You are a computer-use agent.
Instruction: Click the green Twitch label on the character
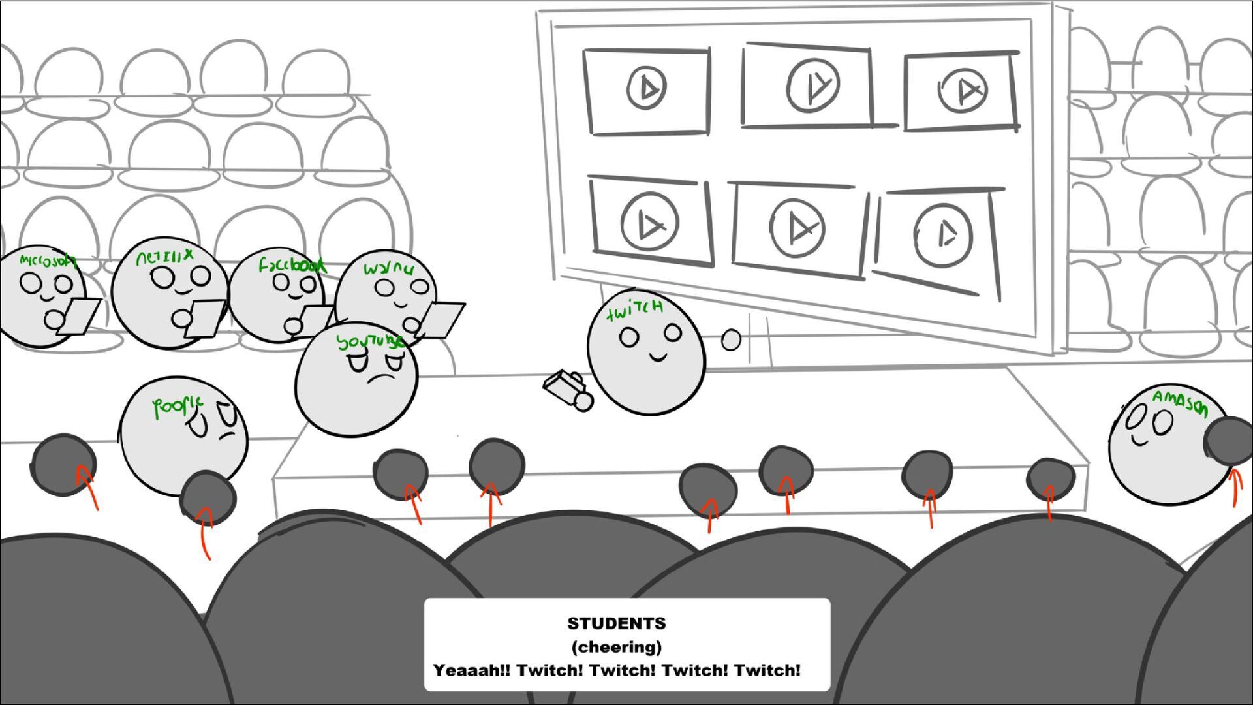[x=634, y=310]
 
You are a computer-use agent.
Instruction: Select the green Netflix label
[x=164, y=257]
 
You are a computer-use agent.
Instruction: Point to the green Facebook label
[x=291, y=265]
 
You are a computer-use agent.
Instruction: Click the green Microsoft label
[x=47, y=260]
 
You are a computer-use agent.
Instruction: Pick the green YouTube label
[x=369, y=341]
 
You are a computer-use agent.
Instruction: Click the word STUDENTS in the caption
[x=617, y=623]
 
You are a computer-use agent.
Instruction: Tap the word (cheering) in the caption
[x=617, y=647]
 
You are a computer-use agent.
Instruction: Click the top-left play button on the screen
[x=646, y=87]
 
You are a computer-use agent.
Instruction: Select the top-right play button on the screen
[x=963, y=89]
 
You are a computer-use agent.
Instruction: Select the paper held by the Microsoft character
[x=80, y=317]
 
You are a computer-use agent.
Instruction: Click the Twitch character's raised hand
[x=732, y=339]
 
